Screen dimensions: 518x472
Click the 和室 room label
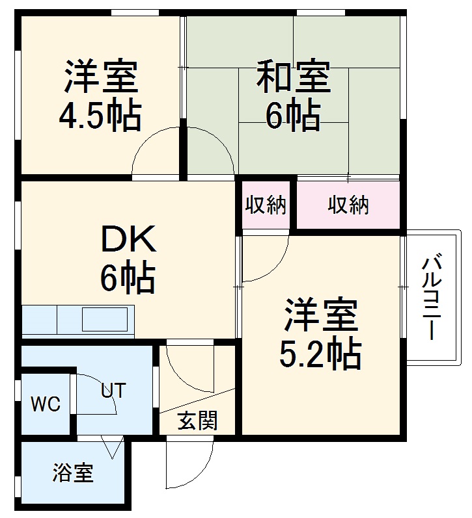click(x=294, y=76)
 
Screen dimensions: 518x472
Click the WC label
click(x=46, y=404)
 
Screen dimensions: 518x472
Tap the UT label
click(x=112, y=391)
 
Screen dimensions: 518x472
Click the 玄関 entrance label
click(x=197, y=421)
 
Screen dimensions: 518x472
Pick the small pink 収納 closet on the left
click(x=266, y=205)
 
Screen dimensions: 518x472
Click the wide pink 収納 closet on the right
click(x=348, y=205)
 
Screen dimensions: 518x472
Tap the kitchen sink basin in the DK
click(x=104, y=319)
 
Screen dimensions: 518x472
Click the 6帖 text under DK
click(x=128, y=279)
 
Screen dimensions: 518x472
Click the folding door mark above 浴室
click(x=111, y=447)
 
